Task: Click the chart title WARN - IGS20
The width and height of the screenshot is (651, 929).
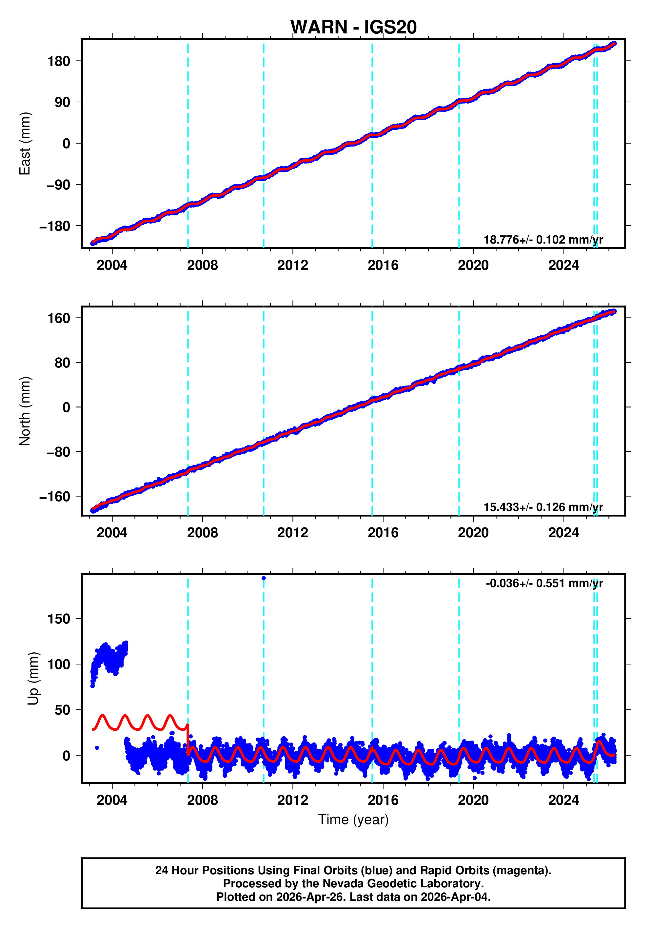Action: click(x=353, y=27)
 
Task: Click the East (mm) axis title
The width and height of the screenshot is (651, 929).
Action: click(x=25, y=144)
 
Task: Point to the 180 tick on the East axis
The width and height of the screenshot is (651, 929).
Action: click(x=59, y=62)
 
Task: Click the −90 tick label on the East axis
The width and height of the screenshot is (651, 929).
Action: click(x=58, y=185)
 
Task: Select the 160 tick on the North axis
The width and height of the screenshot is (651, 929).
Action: click(x=59, y=318)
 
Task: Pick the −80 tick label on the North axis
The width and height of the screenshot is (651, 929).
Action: click(x=58, y=452)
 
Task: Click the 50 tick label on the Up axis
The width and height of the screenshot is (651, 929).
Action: click(x=62, y=710)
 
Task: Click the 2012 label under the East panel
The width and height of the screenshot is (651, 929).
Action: click(x=292, y=266)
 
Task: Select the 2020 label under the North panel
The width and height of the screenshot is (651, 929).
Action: click(x=473, y=533)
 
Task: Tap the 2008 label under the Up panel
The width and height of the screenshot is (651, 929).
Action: click(x=202, y=800)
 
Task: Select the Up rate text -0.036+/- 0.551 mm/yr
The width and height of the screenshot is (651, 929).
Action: click(x=544, y=583)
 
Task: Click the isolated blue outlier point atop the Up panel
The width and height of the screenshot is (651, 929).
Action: click(x=264, y=578)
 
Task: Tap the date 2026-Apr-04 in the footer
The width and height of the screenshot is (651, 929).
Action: click(x=454, y=897)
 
